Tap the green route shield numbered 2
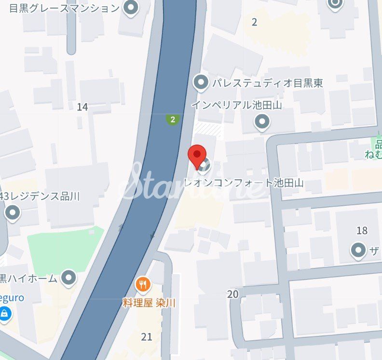point(172,119)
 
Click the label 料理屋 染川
point(149,303)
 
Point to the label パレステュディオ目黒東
point(268,83)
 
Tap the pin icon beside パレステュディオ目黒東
point(201,82)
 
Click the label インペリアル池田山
point(236,105)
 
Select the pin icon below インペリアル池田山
point(262,122)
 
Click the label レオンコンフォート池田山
point(244,183)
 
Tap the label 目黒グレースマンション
point(64,8)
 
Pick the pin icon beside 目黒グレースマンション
point(130,7)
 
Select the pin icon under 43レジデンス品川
point(12,212)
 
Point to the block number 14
point(82,107)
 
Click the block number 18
point(362,230)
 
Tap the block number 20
point(232,294)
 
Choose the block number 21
point(147,336)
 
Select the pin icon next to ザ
point(358,250)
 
